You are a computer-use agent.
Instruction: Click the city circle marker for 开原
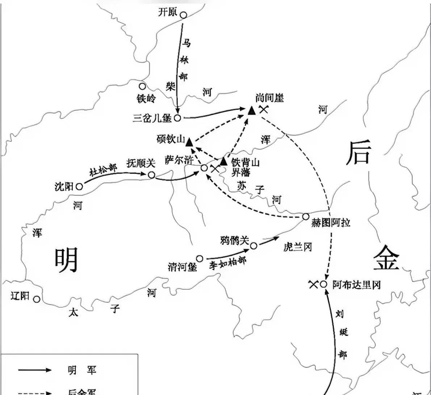pyautogui.click(x=184, y=15)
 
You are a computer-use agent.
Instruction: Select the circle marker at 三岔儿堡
pyautogui.click(x=177, y=118)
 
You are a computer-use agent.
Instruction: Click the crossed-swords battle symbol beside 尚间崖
pyautogui.click(x=264, y=109)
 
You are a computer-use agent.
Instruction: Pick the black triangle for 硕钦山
pyautogui.click(x=189, y=142)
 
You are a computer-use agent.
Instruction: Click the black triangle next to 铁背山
pyautogui.click(x=224, y=161)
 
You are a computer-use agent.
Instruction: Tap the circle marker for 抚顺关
pyautogui.click(x=151, y=175)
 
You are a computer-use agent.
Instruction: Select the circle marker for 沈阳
pyautogui.click(x=79, y=187)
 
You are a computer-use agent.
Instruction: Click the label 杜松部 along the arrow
pyautogui.click(x=104, y=170)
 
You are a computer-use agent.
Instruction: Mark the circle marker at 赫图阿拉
pyautogui.click(x=306, y=217)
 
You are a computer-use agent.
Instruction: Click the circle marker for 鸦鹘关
pyautogui.click(x=254, y=246)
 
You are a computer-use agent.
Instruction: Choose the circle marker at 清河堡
pyautogui.click(x=200, y=258)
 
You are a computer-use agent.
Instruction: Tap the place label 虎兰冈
pyautogui.click(x=298, y=247)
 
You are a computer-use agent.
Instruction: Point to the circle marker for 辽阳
pyautogui.click(x=37, y=299)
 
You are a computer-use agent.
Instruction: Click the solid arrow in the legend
pyautogui.click(x=35, y=370)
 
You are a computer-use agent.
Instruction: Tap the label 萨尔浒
pyautogui.click(x=179, y=160)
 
